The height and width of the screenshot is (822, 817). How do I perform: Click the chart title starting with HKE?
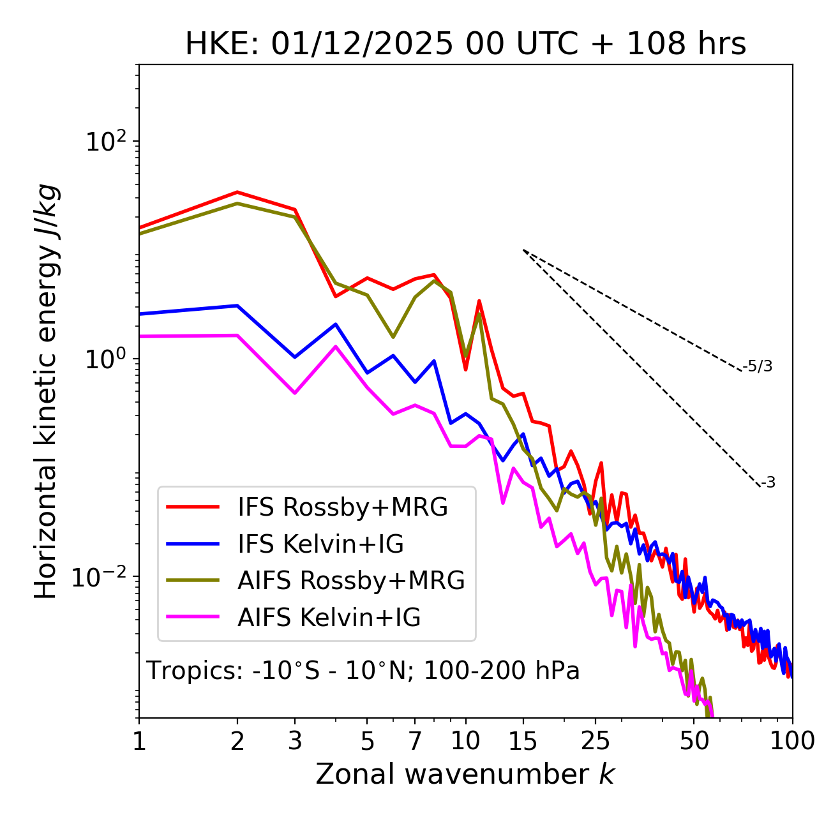click(x=465, y=44)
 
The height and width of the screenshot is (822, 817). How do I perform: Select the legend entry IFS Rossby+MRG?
click(x=343, y=507)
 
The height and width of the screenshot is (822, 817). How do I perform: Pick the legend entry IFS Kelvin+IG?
click(x=320, y=544)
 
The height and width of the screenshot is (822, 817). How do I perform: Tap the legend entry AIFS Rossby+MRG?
click(x=351, y=581)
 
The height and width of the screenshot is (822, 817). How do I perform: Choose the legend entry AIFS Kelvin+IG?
click(x=329, y=618)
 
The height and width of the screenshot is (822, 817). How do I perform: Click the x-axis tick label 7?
click(x=415, y=741)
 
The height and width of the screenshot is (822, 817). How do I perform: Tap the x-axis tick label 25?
click(x=595, y=741)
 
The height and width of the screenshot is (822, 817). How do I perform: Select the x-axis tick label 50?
click(x=694, y=741)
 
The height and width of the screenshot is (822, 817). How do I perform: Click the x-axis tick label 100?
click(x=791, y=741)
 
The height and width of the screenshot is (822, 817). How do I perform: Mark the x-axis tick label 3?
click(x=294, y=741)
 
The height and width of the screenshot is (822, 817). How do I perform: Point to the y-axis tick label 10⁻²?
click(x=101, y=576)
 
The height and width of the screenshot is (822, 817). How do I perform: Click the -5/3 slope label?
click(x=758, y=366)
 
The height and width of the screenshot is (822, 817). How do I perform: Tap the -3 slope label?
click(x=768, y=483)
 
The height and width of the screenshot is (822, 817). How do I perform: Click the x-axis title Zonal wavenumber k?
click(x=465, y=774)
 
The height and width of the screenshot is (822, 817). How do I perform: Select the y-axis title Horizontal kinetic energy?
click(x=46, y=391)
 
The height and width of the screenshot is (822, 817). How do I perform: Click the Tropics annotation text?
click(x=363, y=671)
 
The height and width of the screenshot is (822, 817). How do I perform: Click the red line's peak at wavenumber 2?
click(x=237, y=191)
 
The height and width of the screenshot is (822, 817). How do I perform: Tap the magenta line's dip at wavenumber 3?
click(x=294, y=393)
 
